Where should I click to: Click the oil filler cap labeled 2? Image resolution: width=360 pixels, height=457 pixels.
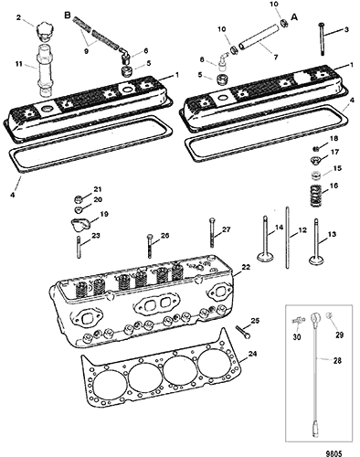[x=44, y=32]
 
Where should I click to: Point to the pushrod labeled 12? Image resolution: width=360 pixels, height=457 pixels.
[x=287, y=238]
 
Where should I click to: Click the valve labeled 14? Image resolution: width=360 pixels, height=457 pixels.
[x=265, y=239]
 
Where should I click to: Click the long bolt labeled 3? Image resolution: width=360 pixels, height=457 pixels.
[x=322, y=39]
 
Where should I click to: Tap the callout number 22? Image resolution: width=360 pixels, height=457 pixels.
[x=246, y=267]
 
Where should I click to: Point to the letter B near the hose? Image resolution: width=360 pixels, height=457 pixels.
[x=68, y=16]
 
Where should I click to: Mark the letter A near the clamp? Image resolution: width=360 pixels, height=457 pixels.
[x=294, y=17]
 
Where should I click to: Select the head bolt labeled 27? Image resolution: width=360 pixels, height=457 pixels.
[x=212, y=232]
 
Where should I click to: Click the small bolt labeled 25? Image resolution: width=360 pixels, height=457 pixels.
[x=243, y=332]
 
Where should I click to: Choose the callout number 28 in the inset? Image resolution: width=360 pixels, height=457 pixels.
[x=337, y=361]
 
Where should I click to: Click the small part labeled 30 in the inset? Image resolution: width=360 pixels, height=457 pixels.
[x=298, y=321]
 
